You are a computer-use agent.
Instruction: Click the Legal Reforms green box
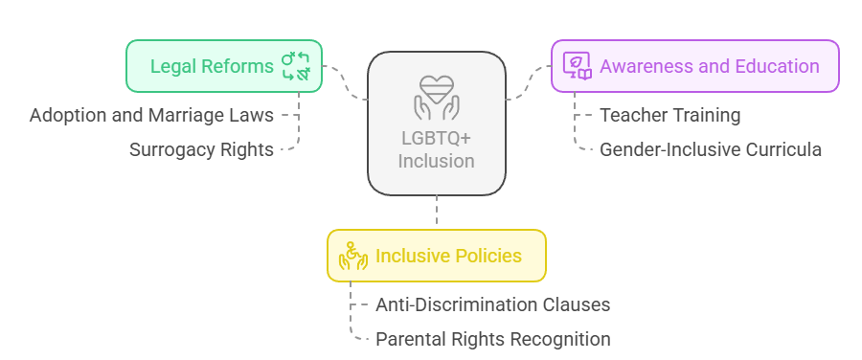[x=224, y=66]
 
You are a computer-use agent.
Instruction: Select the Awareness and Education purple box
[x=694, y=66]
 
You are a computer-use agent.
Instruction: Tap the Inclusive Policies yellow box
[x=437, y=256]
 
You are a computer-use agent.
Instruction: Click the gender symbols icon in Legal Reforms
[x=295, y=66]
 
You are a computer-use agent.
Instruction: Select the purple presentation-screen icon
[x=577, y=66]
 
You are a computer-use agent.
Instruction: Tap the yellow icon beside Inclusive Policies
[x=353, y=256]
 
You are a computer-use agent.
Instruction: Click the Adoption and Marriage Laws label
[x=151, y=116]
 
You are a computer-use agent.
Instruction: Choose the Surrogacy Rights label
[x=201, y=149]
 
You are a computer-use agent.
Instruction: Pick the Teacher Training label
[x=669, y=116]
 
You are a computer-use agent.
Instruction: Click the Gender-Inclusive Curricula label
[x=710, y=149]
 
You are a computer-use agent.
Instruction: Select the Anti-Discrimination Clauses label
[x=492, y=305]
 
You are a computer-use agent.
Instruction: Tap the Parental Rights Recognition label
[x=492, y=339]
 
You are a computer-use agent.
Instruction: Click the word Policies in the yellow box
[x=488, y=256]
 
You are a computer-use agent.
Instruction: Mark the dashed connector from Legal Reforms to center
[x=346, y=84]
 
